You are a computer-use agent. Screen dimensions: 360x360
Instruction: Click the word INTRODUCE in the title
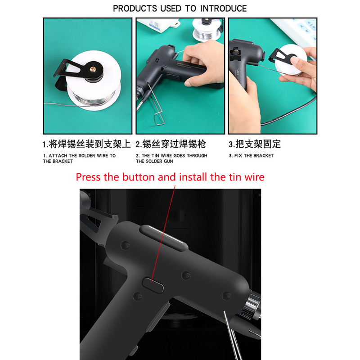tap(223, 9)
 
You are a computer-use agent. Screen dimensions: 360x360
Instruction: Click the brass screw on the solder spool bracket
tap(93, 69)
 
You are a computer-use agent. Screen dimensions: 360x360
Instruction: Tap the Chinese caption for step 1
tap(86, 144)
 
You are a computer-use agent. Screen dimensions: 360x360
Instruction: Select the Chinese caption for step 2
tap(171, 144)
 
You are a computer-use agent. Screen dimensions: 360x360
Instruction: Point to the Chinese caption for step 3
tap(255, 144)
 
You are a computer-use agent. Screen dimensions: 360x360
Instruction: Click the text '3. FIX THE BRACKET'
tap(251, 156)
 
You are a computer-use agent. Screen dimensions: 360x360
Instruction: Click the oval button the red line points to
tap(153, 285)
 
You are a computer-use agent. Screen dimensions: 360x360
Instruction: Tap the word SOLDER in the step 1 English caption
tap(86, 156)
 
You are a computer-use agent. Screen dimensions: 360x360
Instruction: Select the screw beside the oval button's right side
tap(186, 275)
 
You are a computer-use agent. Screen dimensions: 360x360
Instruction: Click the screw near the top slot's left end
tap(125, 245)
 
